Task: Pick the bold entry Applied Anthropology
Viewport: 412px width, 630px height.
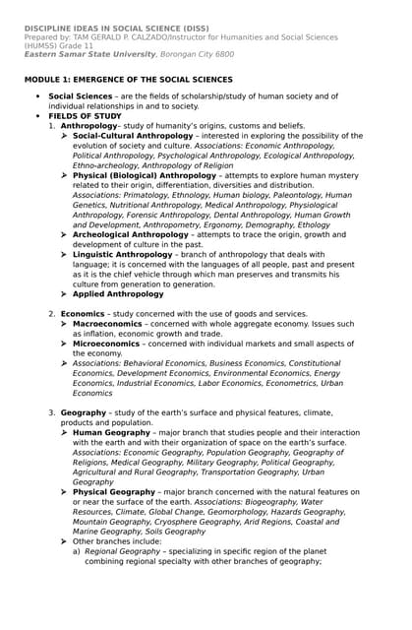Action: point(118,293)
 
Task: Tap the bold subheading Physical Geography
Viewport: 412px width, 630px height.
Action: point(114,491)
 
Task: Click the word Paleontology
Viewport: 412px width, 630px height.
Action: point(297,195)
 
